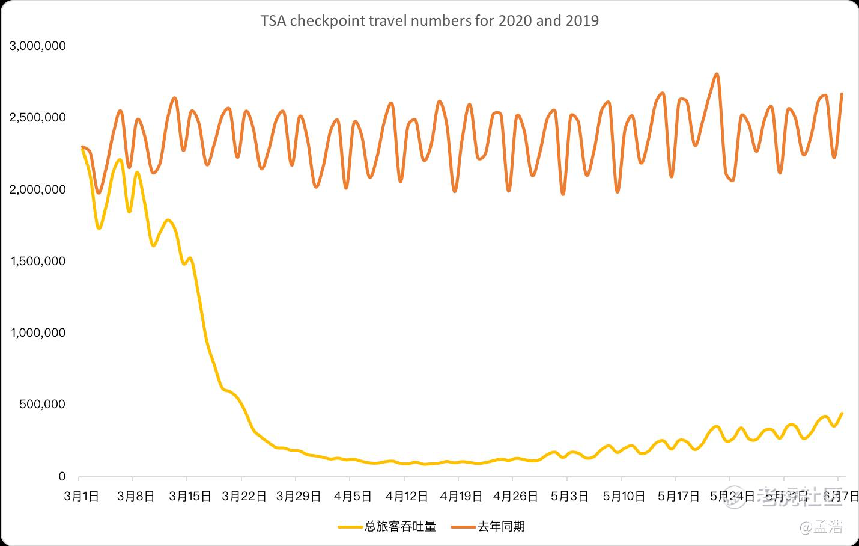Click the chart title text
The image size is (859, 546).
(429, 21)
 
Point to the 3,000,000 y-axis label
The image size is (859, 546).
(37, 46)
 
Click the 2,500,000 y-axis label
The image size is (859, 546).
(37, 117)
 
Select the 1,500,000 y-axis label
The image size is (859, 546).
(37, 261)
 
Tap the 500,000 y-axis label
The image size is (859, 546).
(42, 404)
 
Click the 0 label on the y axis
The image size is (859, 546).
(62, 476)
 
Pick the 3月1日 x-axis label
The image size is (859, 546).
(82, 496)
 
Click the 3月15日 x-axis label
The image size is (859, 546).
(190, 496)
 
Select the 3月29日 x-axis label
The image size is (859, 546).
(299, 496)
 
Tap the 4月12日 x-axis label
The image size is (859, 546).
(407, 496)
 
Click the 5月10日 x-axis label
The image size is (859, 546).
(624, 496)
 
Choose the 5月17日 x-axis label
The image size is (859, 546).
(678, 496)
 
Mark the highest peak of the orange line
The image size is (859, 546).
(716, 75)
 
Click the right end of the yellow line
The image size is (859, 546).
(842, 413)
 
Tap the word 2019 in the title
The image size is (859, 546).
(582, 21)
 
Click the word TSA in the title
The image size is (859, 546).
(273, 21)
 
